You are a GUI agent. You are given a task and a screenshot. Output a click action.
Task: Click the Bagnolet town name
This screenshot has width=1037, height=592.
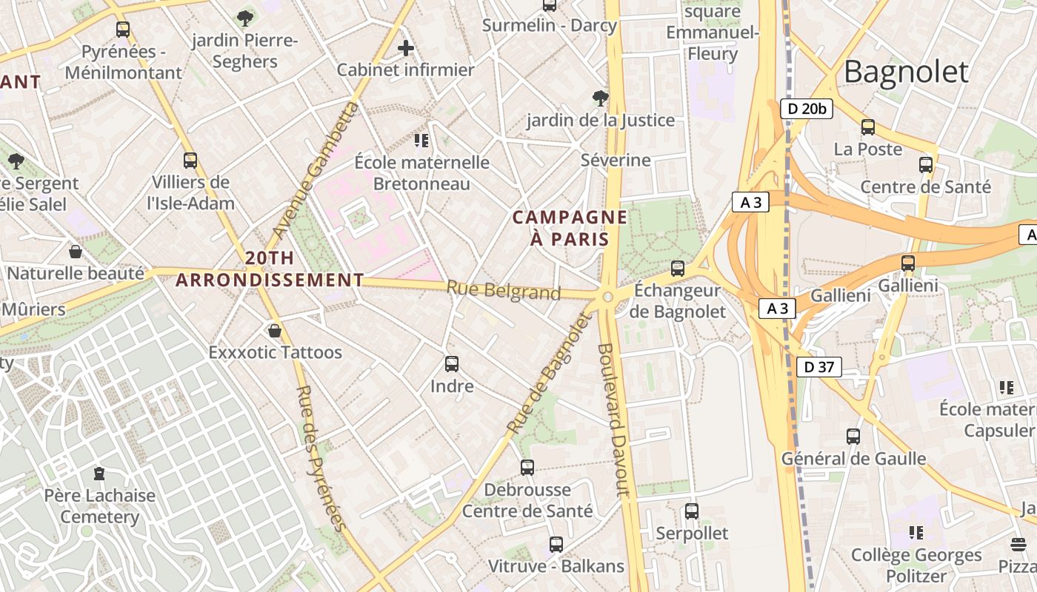(x=905, y=73)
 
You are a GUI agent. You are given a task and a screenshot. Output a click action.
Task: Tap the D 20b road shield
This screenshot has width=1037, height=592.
(x=807, y=109)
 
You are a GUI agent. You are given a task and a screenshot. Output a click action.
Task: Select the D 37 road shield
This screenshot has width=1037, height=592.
(x=819, y=366)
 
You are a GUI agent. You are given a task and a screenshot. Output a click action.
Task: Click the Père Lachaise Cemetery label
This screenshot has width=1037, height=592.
(x=99, y=506)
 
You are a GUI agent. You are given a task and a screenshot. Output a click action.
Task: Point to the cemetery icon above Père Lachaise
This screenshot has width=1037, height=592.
(x=99, y=474)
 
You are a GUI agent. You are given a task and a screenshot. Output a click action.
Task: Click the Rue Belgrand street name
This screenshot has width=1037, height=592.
(x=504, y=290)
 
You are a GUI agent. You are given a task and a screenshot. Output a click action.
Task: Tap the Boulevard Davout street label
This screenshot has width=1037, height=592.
(x=613, y=419)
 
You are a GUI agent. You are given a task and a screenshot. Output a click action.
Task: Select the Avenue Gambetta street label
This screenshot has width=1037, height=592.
(x=315, y=170)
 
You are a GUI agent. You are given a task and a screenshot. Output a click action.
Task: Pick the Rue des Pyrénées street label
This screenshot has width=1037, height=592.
(x=321, y=458)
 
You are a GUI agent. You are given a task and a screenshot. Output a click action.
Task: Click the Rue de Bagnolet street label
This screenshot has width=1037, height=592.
(x=550, y=374)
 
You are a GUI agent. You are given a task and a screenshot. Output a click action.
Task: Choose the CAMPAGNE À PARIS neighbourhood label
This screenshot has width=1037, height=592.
(x=570, y=228)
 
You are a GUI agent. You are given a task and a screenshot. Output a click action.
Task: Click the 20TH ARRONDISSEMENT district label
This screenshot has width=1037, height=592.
(x=270, y=269)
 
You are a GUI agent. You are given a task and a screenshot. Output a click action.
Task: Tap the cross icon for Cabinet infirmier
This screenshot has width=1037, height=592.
(x=405, y=49)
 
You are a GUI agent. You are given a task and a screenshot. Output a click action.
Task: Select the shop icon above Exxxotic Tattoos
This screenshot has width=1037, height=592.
(x=275, y=331)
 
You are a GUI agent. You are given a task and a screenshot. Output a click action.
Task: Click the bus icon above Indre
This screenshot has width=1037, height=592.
(x=452, y=364)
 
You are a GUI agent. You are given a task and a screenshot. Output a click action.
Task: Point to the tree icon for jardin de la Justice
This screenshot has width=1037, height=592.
(x=600, y=98)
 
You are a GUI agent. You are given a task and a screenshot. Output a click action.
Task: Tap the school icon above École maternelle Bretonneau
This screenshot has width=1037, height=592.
(x=421, y=141)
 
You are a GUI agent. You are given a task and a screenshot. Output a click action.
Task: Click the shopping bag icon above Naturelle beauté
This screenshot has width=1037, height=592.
(x=75, y=252)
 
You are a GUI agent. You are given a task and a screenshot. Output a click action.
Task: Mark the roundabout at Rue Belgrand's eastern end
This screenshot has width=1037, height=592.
(x=607, y=297)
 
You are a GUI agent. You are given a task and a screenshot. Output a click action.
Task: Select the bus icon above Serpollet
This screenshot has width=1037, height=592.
(x=692, y=511)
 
